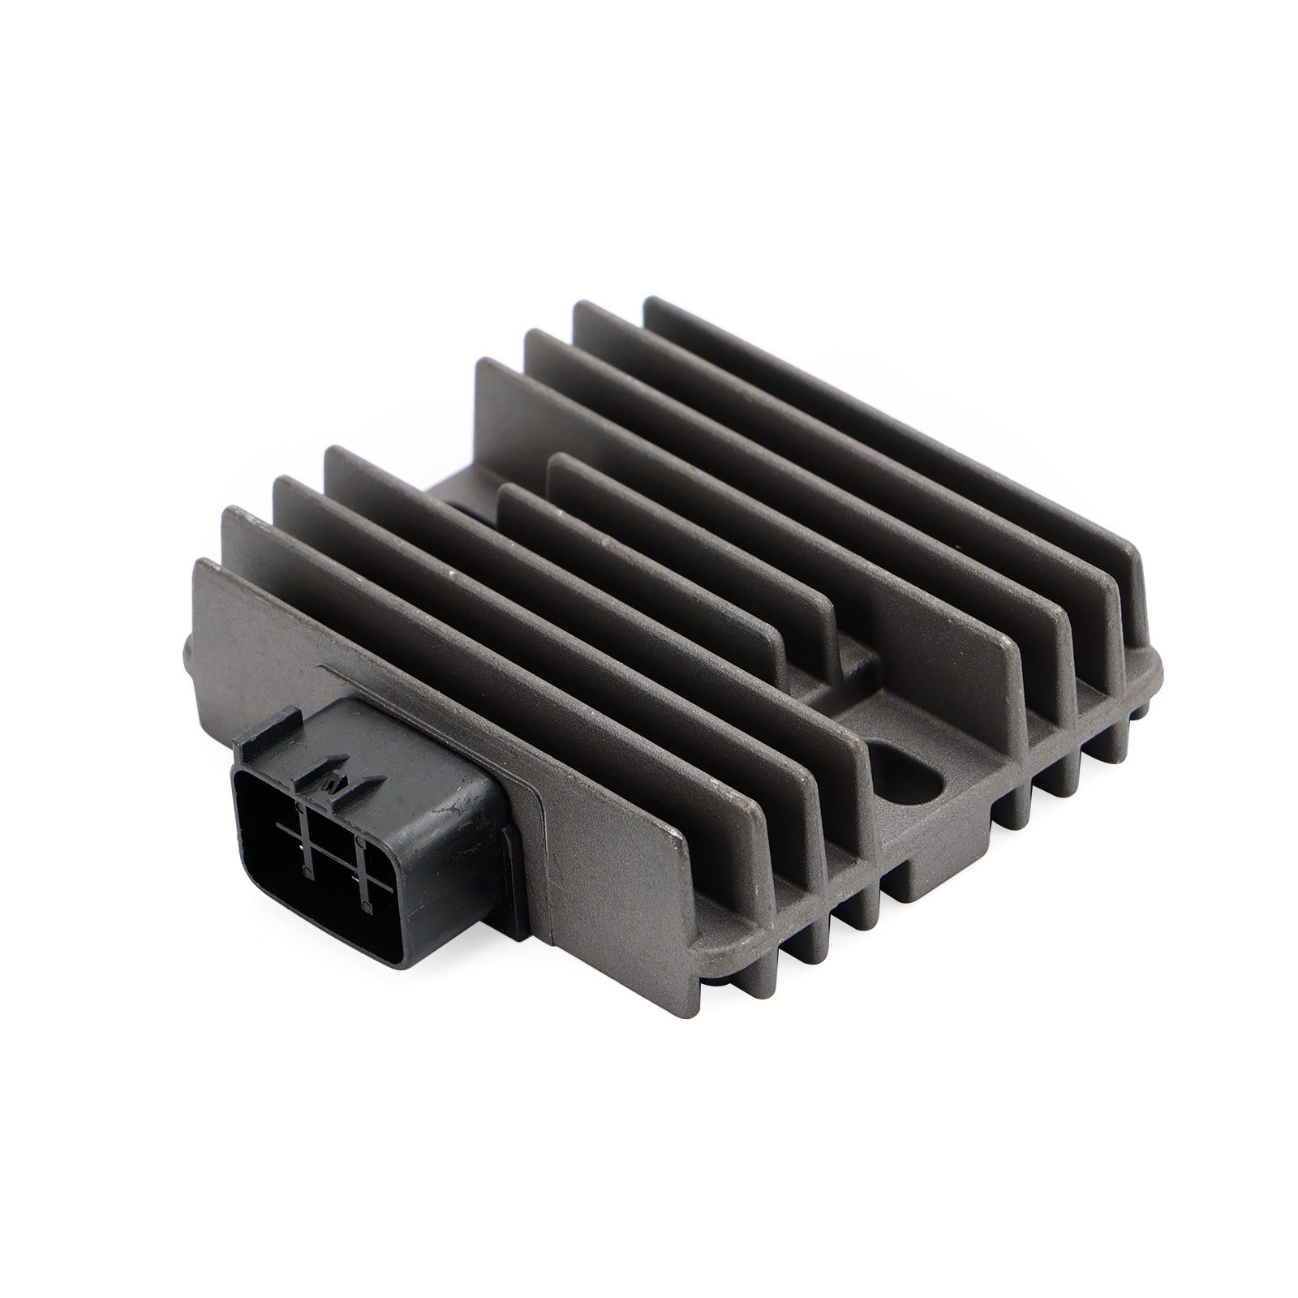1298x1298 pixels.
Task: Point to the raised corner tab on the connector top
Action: (x=286, y=716)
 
